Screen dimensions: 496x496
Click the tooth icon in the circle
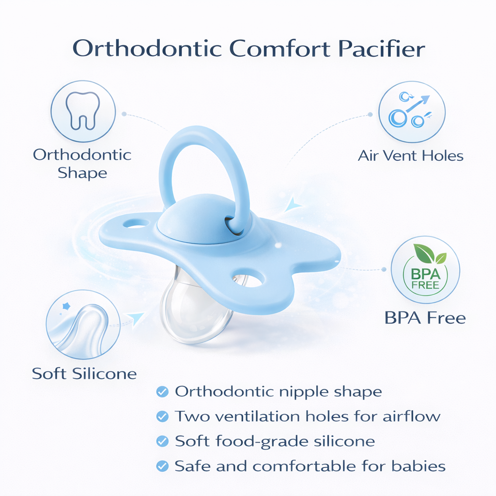tap(83, 111)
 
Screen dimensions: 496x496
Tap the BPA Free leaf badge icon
tap(425, 270)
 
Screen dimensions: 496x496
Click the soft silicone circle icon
tap(83, 324)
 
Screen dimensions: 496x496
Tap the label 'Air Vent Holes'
tap(410, 156)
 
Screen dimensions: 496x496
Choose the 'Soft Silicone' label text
tap(84, 374)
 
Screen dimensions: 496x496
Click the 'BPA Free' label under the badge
tap(425, 318)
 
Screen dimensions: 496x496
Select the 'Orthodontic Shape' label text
tap(82, 164)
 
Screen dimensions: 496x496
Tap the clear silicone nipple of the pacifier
tap(194, 310)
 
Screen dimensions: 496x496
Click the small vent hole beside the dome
tap(136, 224)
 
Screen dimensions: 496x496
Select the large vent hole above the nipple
tap(248, 279)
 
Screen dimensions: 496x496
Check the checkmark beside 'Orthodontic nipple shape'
tap(163, 391)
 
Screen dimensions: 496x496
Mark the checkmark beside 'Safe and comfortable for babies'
tap(163, 466)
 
